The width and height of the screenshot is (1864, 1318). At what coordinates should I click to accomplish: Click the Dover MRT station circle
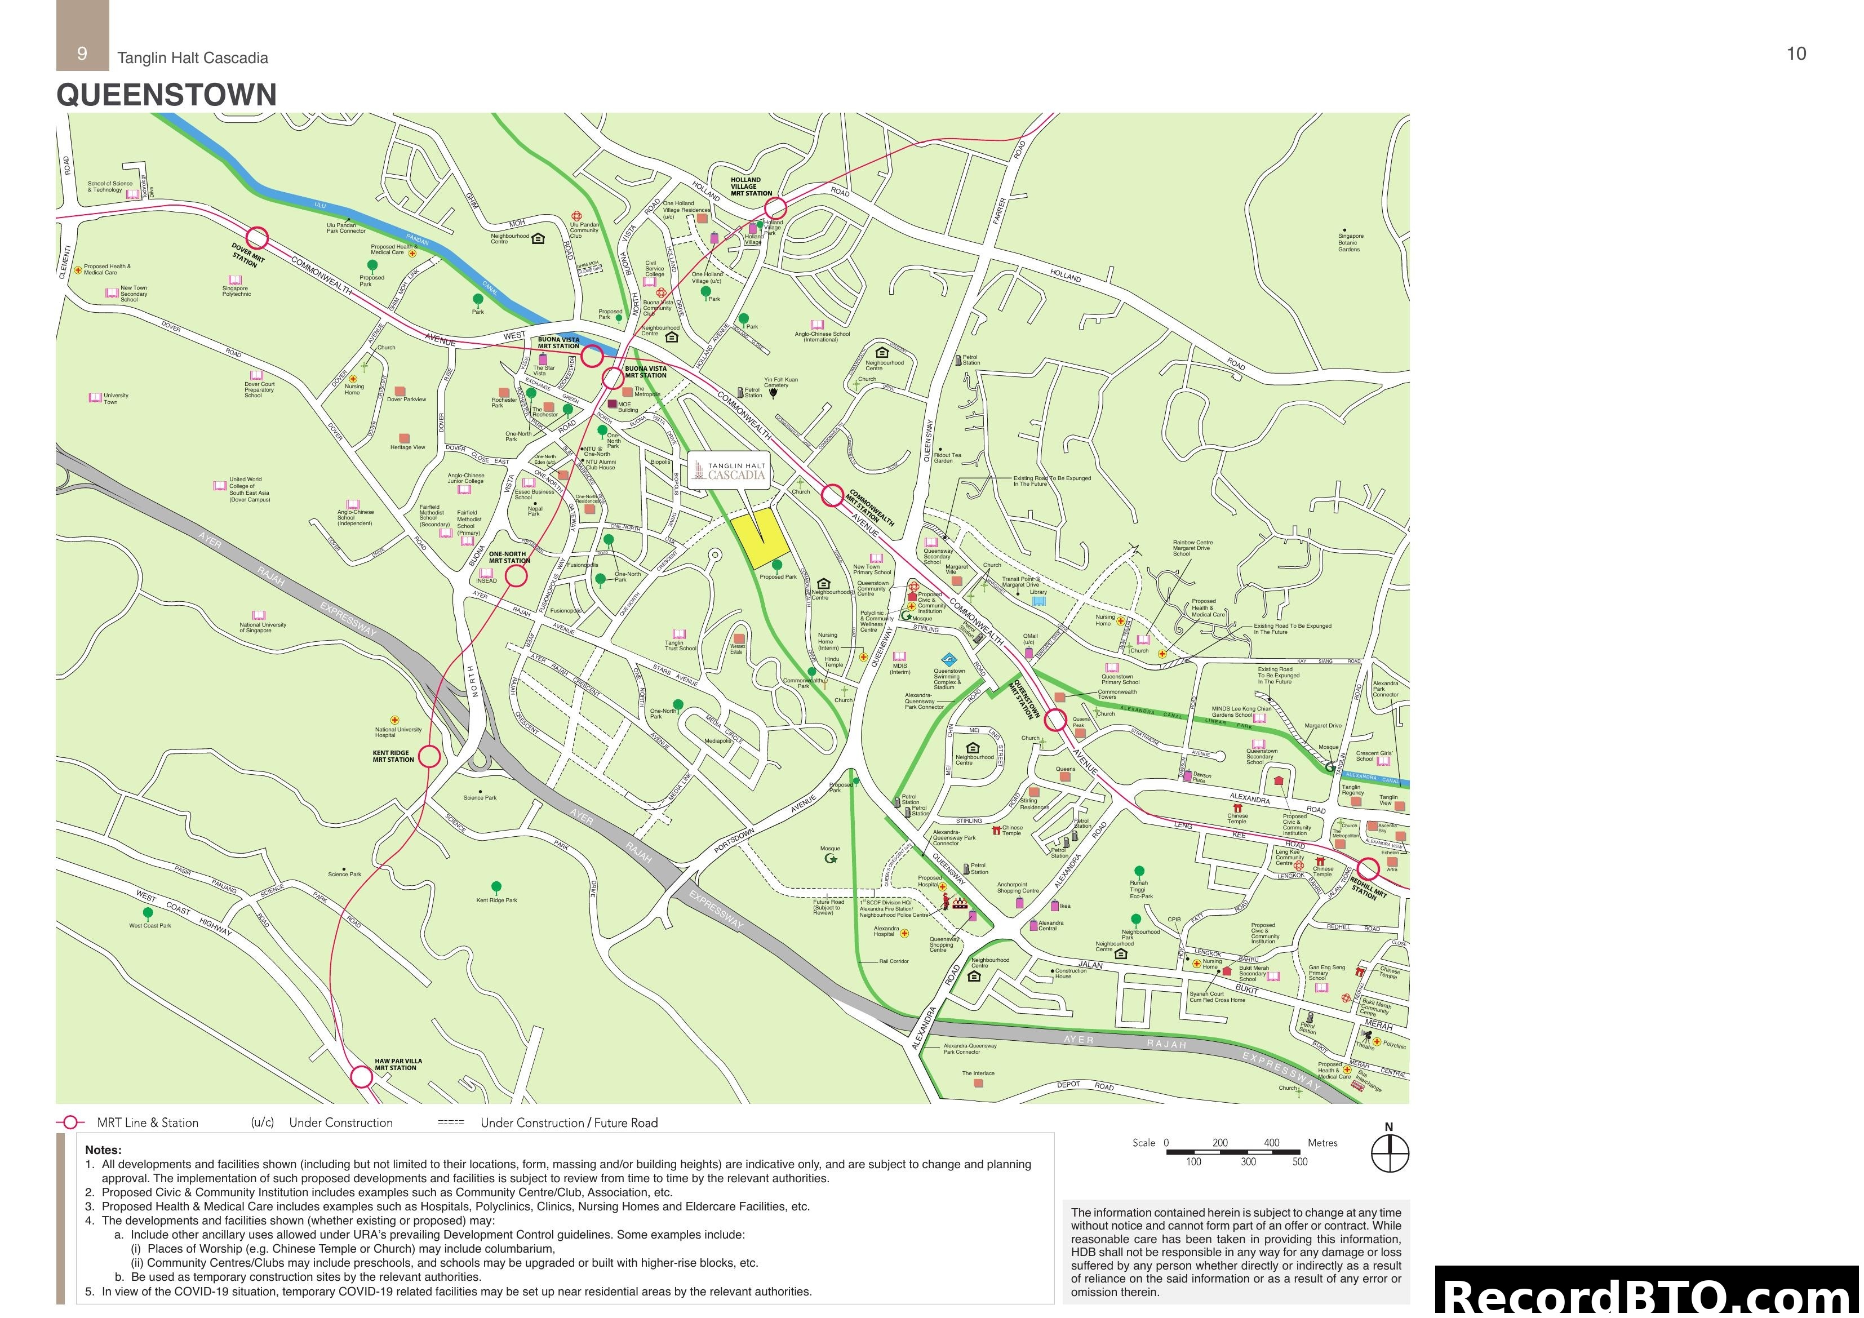click(x=258, y=238)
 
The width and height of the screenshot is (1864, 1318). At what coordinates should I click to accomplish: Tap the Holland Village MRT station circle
click(x=775, y=208)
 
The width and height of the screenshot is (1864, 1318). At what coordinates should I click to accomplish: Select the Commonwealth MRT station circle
click(x=833, y=495)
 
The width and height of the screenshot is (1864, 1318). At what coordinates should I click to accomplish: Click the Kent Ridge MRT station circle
click(x=429, y=757)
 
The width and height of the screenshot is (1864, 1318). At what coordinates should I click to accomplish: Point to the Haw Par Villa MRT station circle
click(x=361, y=1077)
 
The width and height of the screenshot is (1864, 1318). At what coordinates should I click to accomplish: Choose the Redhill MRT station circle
click(x=1368, y=869)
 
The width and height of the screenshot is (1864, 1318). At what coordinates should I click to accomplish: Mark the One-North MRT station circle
click(x=516, y=576)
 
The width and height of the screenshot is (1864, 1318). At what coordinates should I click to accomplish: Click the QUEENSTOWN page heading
click(x=166, y=95)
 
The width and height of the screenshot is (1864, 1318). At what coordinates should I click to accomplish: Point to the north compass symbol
click(x=1390, y=1152)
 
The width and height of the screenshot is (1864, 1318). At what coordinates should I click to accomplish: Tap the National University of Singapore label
click(x=262, y=627)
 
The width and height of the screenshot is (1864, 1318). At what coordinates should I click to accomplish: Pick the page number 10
click(x=1796, y=54)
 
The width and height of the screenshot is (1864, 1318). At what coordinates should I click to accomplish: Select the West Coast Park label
click(x=150, y=925)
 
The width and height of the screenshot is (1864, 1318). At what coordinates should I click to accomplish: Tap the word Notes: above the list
click(x=103, y=1150)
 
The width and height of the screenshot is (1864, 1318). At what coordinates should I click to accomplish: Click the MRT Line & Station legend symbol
click(x=70, y=1122)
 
